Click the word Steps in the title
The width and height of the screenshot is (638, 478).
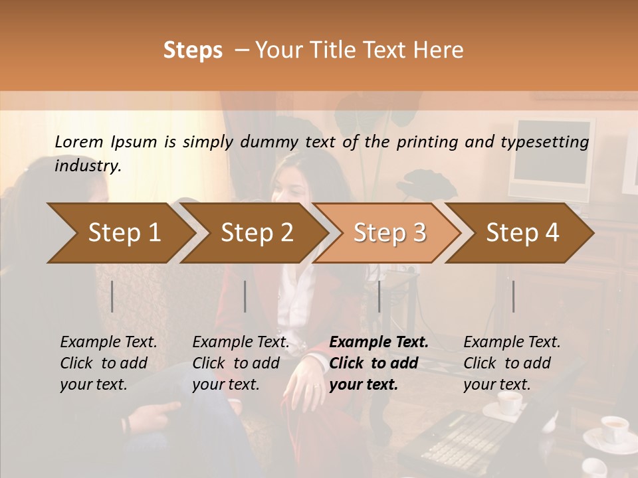click(x=193, y=50)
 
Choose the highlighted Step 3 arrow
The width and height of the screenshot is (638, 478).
click(x=389, y=232)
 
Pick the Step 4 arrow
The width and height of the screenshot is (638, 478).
click(x=522, y=232)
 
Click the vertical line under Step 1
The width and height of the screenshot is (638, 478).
click(x=112, y=296)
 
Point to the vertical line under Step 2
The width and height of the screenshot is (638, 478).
click(x=245, y=296)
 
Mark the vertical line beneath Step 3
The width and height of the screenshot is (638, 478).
click(x=379, y=296)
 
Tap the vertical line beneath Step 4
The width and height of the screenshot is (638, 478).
click(x=513, y=296)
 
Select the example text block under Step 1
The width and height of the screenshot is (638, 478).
click(x=108, y=363)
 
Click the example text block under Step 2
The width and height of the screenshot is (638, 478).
click(x=241, y=363)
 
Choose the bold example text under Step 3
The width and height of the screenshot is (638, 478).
click(x=379, y=363)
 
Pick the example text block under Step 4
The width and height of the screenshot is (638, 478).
click(x=512, y=363)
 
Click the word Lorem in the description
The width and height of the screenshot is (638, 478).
click(x=79, y=142)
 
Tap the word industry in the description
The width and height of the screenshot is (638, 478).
click(x=88, y=166)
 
